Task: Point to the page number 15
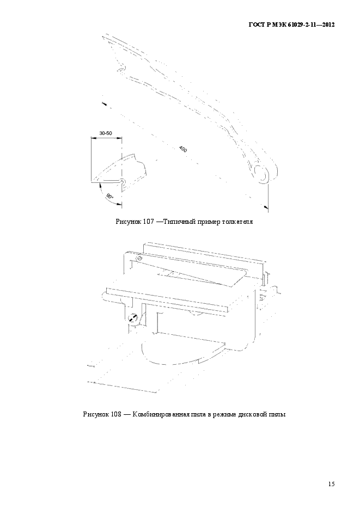click(x=332, y=484)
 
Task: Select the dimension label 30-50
click(x=106, y=133)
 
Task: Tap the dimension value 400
click(x=183, y=149)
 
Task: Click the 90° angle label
click(x=109, y=197)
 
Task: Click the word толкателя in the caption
click(x=237, y=222)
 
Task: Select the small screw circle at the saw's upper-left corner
click(x=140, y=258)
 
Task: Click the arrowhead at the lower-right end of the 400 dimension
click(x=266, y=206)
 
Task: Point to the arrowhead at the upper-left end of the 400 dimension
click(x=104, y=103)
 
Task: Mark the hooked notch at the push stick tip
click(x=121, y=69)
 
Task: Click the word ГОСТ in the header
click(x=257, y=24)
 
